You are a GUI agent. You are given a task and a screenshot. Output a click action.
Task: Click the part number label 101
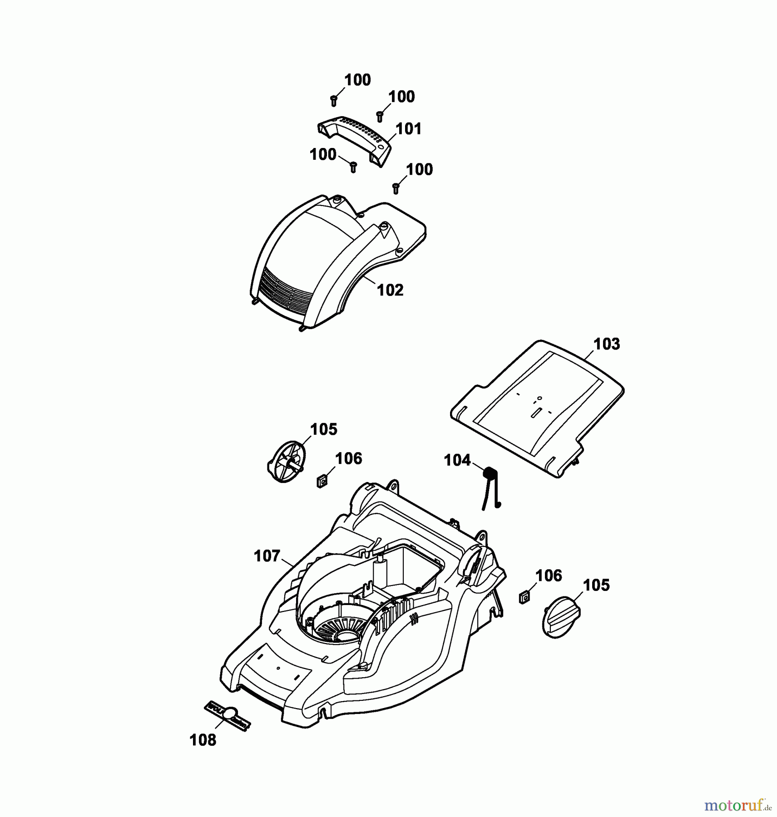(x=409, y=129)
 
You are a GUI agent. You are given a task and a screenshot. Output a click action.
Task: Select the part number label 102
(x=390, y=290)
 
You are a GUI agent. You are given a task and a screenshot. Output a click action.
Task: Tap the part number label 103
(x=607, y=344)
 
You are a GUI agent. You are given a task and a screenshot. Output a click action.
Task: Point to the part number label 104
(x=457, y=460)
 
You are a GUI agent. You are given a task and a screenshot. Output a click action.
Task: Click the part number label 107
(x=267, y=556)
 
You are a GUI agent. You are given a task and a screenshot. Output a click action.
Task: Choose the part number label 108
(x=203, y=740)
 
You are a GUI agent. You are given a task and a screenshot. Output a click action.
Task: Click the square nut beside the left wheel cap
(x=322, y=480)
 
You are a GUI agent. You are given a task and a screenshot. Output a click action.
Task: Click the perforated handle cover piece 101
(x=356, y=141)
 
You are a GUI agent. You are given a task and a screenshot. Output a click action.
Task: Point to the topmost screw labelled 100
(x=334, y=101)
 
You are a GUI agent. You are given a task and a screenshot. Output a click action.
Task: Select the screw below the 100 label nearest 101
(x=381, y=117)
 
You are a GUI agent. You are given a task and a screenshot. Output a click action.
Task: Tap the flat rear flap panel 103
(x=538, y=407)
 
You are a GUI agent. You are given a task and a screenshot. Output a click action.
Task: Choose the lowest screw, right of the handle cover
(x=396, y=188)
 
